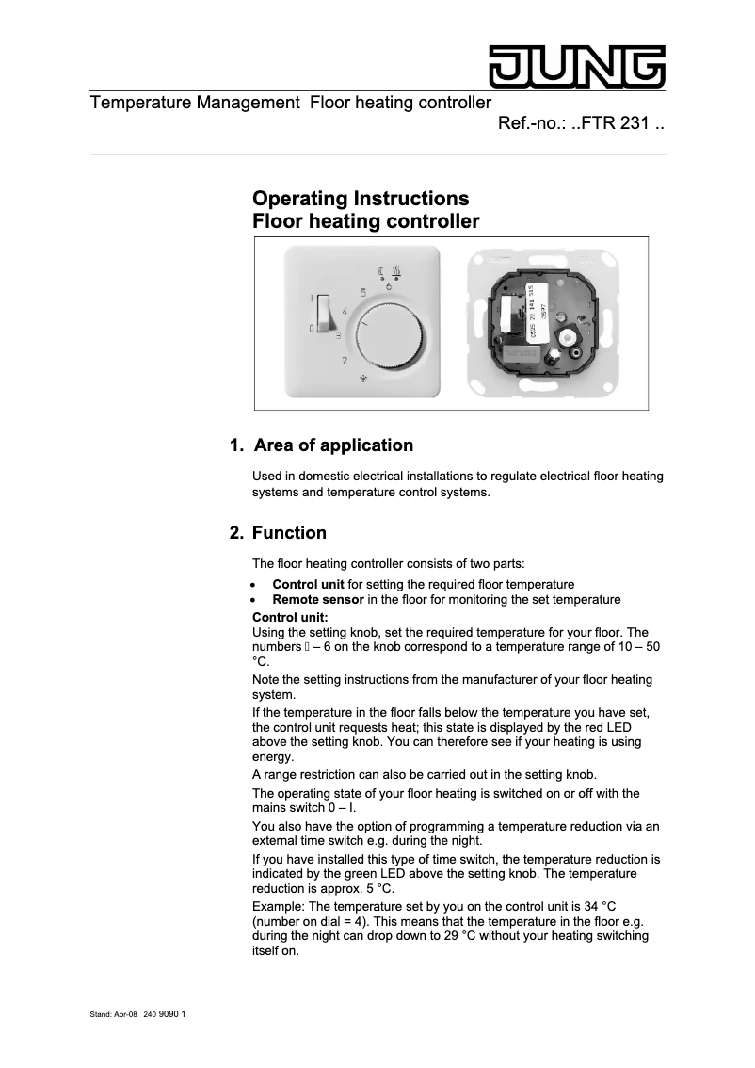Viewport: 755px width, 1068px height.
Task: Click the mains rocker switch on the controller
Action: click(x=323, y=314)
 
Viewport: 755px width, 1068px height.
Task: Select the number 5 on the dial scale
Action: click(x=363, y=292)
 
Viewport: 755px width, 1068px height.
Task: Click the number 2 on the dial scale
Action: click(x=345, y=361)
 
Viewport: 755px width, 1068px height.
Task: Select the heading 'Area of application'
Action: click(x=332, y=445)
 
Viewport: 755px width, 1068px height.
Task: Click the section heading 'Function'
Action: click(x=289, y=533)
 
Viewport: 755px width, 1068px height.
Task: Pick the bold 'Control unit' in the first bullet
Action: click(x=308, y=585)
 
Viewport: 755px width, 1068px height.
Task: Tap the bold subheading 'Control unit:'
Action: click(x=290, y=617)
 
